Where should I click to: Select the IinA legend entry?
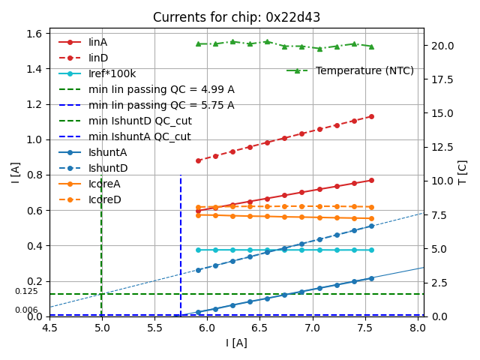pyautogui.click(x=97, y=42)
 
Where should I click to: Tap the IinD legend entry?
pyautogui.click(x=98, y=58)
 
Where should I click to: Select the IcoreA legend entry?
pyautogui.click(x=104, y=184)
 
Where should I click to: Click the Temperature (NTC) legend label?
pyautogui.click(x=364, y=70)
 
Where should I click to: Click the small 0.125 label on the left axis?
pyautogui.click(x=26, y=291)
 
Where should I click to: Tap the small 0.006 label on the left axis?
pyautogui.click(x=26, y=310)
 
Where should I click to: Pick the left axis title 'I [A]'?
pyautogui.click(x=15, y=172)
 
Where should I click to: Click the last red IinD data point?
pyautogui.click(x=371, y=116)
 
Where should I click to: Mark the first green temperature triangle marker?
pyautogui.click(x=198, y=43)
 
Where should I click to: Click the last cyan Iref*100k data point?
pyautogui.click(x=371, y=250)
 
